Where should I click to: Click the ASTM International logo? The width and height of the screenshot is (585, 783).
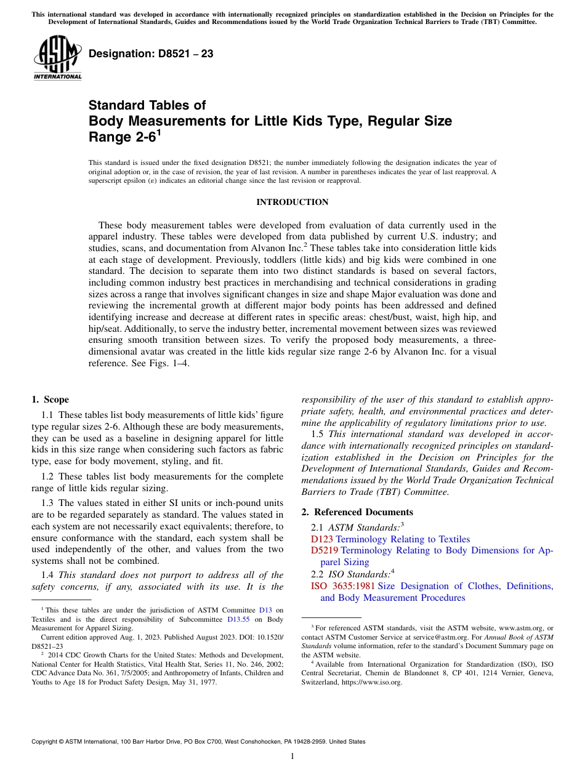click(57, 58)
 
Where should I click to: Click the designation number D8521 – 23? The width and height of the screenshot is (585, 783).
click(151, 54)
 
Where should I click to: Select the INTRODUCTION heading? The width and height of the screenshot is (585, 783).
click(292, 202)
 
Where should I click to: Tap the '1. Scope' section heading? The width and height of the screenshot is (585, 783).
click(50, 399)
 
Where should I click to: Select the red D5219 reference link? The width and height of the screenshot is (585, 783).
click(325, 550)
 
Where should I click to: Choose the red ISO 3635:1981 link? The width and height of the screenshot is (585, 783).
click(342, 586)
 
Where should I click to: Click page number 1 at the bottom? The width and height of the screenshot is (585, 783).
click(292, 756)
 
